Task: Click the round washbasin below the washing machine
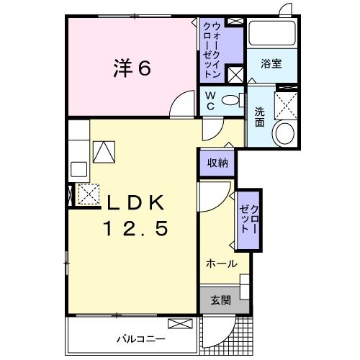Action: [285, 133]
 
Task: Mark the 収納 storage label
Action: [217, 163]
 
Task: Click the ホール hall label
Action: [222, 264]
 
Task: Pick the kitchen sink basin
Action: [78, 170]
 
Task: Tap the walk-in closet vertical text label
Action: [212, 47]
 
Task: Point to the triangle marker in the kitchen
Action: [104, 151]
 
